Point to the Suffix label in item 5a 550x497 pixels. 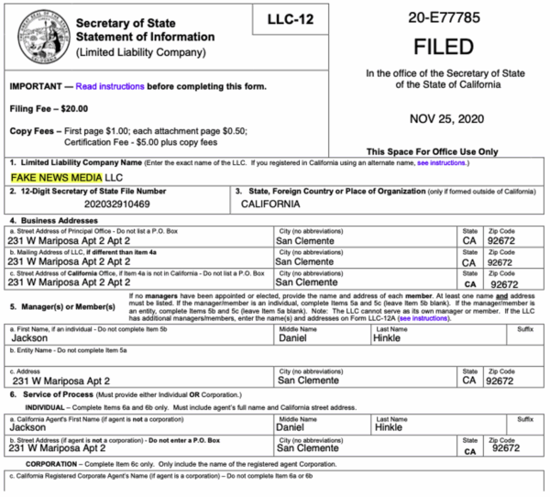524,328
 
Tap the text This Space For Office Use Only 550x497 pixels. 430,150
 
